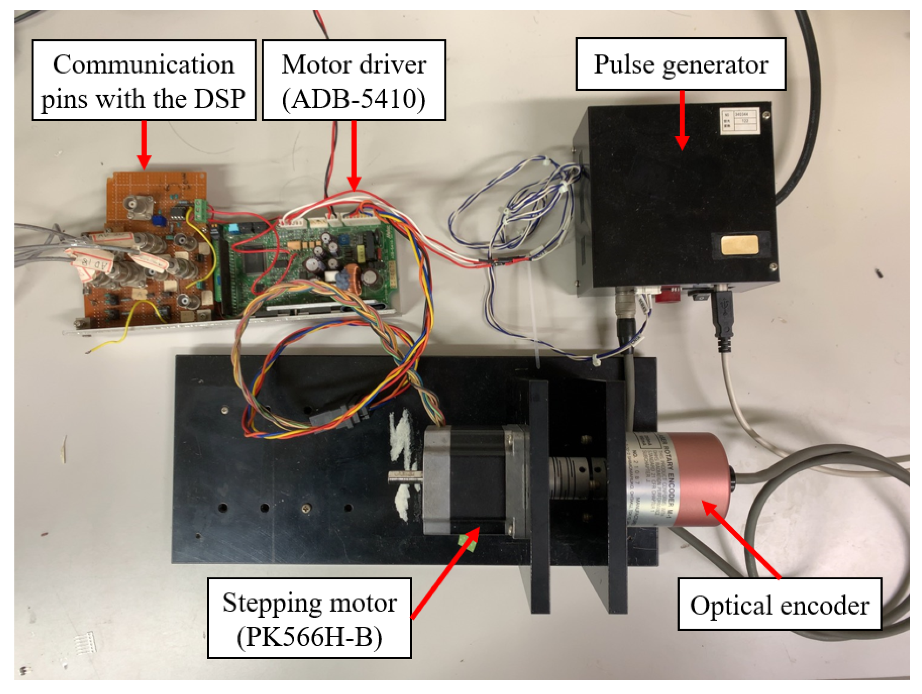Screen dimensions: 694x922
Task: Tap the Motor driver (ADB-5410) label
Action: (x=354, y=81)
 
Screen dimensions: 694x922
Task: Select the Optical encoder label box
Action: (x=779, y=604)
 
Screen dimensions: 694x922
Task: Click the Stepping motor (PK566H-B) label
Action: (x=309, y=618)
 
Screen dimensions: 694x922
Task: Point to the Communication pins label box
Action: (x=144, y=81)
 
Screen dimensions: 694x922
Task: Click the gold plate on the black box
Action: (x=740, y=245)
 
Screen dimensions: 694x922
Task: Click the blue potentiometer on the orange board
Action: (x=158, y=219)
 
